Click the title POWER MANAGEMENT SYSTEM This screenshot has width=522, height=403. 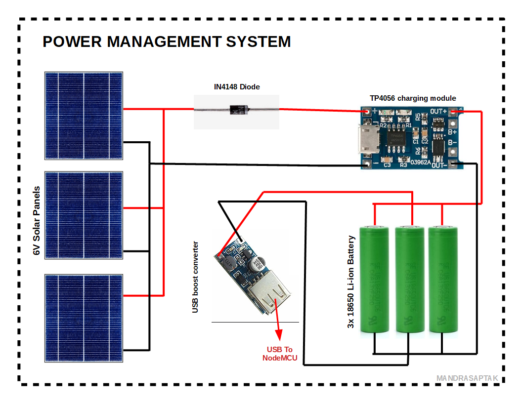tap(167, 41)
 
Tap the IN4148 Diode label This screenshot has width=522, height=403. tap(237, 87)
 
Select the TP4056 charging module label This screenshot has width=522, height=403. tap(413, 98)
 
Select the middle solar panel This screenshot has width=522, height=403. tap(84, 215)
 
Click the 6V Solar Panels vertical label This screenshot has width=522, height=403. tap(36, 221)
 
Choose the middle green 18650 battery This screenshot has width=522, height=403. tap(409, 279)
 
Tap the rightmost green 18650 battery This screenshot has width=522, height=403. tap(442, 279)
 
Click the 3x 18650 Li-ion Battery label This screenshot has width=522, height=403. tap(351, 282)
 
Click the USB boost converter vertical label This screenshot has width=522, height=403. tap(196, 277)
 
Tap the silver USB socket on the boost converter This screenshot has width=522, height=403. tap(267, 298)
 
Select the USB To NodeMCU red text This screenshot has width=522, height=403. tap(280, 353)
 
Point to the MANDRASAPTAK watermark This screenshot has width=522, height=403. tap(467, 378)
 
